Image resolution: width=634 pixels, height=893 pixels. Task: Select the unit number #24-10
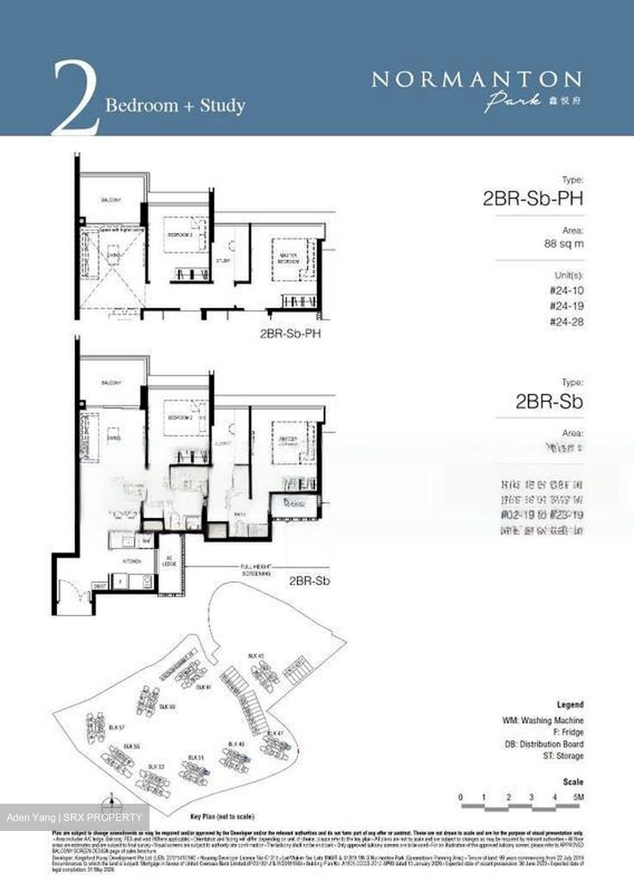(x=566, y=290)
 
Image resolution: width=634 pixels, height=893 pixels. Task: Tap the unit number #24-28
(x=566, y=322)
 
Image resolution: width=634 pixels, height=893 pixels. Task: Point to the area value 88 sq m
(x=563, y=244)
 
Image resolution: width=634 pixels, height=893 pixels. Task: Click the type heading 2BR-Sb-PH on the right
(x=533, y=198)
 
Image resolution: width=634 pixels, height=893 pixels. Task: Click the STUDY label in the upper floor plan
(x=223, y=260)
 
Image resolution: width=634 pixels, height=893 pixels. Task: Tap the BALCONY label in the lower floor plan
(x=112, y=383)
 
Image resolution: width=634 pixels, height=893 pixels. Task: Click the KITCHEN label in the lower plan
(x=132, y=561)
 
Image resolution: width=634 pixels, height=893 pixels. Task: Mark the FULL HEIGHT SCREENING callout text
(x=256, y=570)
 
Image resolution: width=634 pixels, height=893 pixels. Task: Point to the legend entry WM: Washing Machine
(x=543, y=721)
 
